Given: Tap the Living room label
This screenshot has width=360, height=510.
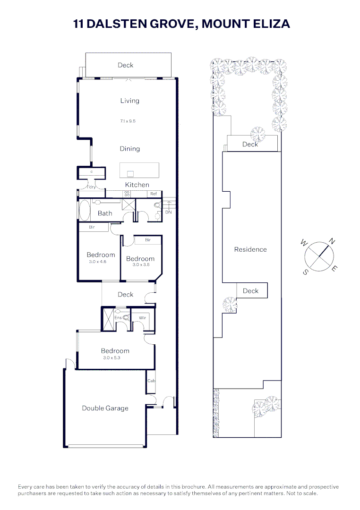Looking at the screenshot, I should coord(129,101).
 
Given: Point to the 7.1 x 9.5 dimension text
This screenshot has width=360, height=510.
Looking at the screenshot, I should coord(128,121).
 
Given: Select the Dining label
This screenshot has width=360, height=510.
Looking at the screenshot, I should coord(129,149).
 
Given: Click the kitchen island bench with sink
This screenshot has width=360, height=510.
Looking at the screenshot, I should coord(139,170).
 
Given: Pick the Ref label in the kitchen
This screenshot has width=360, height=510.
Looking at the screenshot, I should coord(153,194).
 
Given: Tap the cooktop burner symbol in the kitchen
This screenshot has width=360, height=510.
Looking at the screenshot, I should coord(127,194).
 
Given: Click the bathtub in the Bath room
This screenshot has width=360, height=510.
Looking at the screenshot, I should coord(84,210).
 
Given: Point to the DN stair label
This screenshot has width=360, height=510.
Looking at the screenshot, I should coord(169,212).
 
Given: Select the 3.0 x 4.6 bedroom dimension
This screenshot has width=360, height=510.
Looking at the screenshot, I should coord(98,262).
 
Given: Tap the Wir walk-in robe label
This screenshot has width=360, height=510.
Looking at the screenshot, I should coord(142,318).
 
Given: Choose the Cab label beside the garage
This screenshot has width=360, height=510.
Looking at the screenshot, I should coord(151,381).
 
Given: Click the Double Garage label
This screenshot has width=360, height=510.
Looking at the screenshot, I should coord(105,408).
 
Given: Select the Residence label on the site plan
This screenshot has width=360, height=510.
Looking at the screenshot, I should coord(250,249).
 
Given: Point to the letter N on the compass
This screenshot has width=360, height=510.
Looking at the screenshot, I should coord(332,241).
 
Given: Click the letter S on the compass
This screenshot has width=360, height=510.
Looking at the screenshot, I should coord(306,272).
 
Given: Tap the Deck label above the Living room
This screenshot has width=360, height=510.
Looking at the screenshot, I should coord(126,65).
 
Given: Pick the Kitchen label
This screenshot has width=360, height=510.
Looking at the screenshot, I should coord(137,185).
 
